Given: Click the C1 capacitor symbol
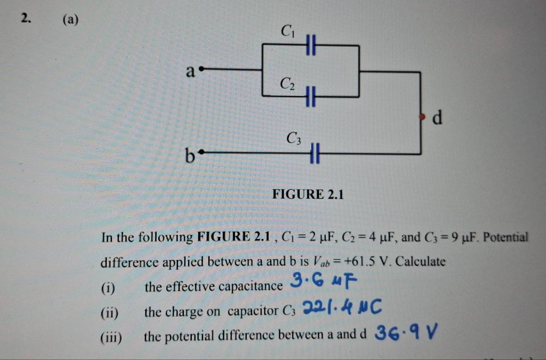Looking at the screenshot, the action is pyautogui.click(x=311, y=45).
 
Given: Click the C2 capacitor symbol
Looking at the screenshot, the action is pyautogui.click(x=311, y=96).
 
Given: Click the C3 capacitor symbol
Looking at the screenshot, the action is pyautogui.click(x=315, y=153).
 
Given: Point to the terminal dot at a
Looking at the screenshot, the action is pyautogui.click(x=201, y=69).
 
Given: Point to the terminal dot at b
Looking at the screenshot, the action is pyautogui.click(x=201, y=152).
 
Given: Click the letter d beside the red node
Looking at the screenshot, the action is pyautogui.click(x=437, y=118).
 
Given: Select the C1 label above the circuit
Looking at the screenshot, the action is pyautogui.click(x=287, y=31).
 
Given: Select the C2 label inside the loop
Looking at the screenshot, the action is pyautogui.click(x=287, y=84).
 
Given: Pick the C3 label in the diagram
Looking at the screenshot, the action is pyautogui.click(x=294, y=138).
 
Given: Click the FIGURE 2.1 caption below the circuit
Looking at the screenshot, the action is pyautogui.click(x=308, y=194).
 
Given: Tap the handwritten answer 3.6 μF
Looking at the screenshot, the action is pyautogui.click(x=324, y=281).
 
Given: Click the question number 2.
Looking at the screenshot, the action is pyautogui.click(x=26, y=19).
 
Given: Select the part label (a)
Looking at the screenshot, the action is pyautogui.click(x=71, y=20).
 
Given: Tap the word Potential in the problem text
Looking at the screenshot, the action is pyautogui.click(x=505, y=237).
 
